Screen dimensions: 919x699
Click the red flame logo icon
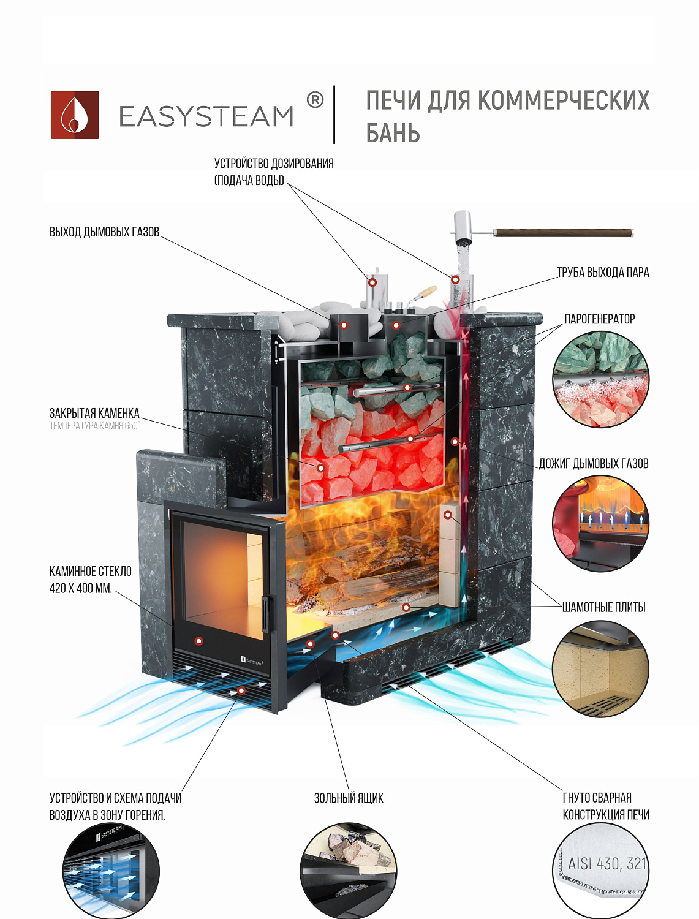[x=75, y=115]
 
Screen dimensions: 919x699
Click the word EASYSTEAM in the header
[x=206, y=116]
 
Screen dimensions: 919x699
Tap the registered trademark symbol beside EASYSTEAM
[x=315, y=100]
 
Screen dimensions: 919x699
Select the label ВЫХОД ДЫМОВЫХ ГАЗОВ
[x=104, y=232]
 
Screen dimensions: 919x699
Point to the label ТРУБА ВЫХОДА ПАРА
[x=602, y=273]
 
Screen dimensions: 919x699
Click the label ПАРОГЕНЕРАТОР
[x=599, y=319]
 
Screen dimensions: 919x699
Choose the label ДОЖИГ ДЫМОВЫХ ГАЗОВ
[x=593, y=464]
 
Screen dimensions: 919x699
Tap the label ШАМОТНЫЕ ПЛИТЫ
[x=603, y=607]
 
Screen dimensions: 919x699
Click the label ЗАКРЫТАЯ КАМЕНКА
[x=94, y=414]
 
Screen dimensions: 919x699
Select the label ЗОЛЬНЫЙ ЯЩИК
[x=349, y=798]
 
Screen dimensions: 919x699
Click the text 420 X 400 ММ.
[x=80, y=589]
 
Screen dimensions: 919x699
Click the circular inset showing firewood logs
[x=348, y=870]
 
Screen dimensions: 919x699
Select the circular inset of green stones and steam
[x=600, y=379]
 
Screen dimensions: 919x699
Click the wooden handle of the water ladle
[x=563, y=233]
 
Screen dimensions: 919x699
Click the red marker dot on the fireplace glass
[x=198, y=641]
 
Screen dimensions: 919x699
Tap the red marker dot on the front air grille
[x=241, y=690]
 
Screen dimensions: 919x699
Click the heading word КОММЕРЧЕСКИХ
[x=563, y=101]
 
